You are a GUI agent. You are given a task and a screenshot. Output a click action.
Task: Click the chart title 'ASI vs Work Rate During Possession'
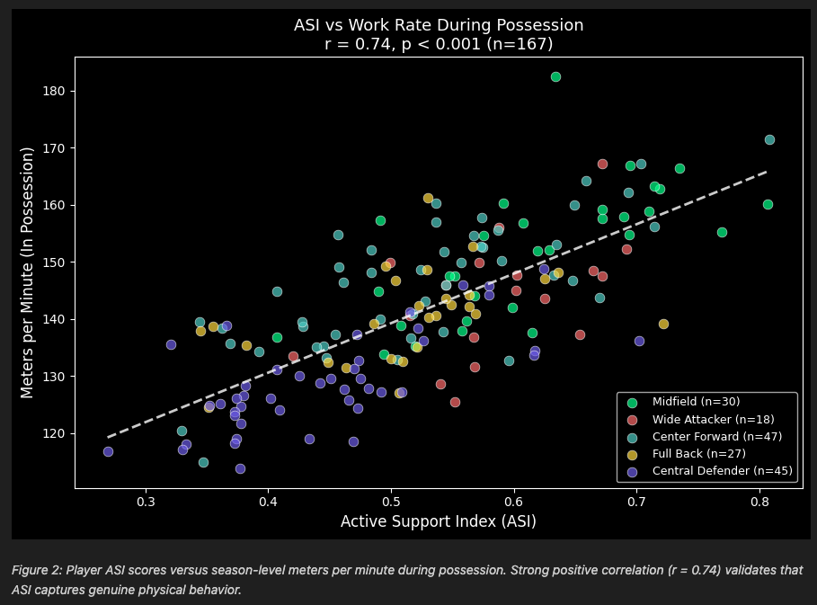pyautogui.click(x=439, y=25)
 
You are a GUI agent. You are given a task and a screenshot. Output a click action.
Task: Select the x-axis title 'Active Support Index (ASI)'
pyautogui.click(x=439, y=521)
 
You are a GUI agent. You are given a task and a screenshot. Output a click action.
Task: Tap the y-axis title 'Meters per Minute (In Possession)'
pyautogui.click(x=28, y=272)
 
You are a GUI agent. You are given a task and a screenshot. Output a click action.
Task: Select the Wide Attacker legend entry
pyautogui.click(x=709, y=419)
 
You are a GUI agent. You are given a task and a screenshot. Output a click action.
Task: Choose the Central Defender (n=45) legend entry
pyautogui.click(x=715, y=470)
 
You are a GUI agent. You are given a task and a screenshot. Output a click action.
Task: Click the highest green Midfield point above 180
pyautogui.click(x=555, y=77)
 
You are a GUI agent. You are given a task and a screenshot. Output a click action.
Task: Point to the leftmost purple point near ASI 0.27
pyautogui.click(x=108, y=452)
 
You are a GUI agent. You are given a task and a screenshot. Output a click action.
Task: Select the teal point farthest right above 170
pyautogui.click(x=769, y=139)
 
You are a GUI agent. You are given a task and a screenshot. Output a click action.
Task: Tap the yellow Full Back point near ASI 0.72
pyautogui.click(x=663, y=324)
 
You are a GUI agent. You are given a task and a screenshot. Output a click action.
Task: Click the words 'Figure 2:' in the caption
pyautogui.click(x=36, y=571)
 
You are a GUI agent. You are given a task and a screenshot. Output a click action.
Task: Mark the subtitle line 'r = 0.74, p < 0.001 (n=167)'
pyautogui.click(x=439, y=44)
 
